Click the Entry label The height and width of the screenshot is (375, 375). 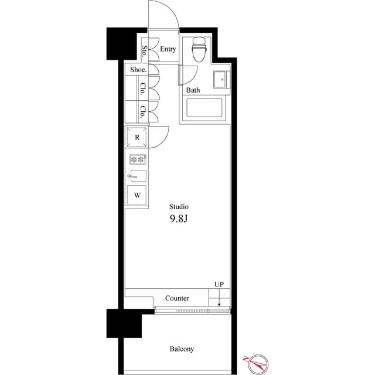coord(168,50)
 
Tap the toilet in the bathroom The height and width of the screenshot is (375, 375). coord(199,50)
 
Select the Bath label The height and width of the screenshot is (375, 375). coord(193,90)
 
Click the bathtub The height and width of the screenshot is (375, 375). coord(204,109)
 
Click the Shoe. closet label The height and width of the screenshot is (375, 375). coord(138,70)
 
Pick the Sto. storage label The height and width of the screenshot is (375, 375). coord(144,50)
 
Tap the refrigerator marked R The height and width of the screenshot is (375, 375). coord(137,138)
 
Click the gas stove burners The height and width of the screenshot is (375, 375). coord(137,159)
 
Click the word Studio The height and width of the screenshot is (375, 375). coord(179,207)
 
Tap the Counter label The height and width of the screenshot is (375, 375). coord(177,298)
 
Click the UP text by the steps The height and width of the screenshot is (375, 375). coord(219,285)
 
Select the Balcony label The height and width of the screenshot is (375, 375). coord(182,349)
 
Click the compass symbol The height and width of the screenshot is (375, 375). coord(256,364)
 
